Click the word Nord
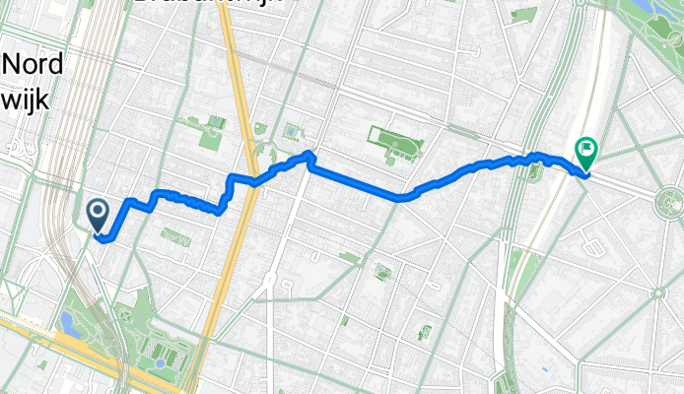tap(33, 65)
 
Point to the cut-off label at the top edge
tap(207, 4)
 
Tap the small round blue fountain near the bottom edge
tap(160, 363)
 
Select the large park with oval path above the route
tap(395, 145)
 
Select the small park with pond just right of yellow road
tap(290, 131)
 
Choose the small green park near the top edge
tap(524, 14)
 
